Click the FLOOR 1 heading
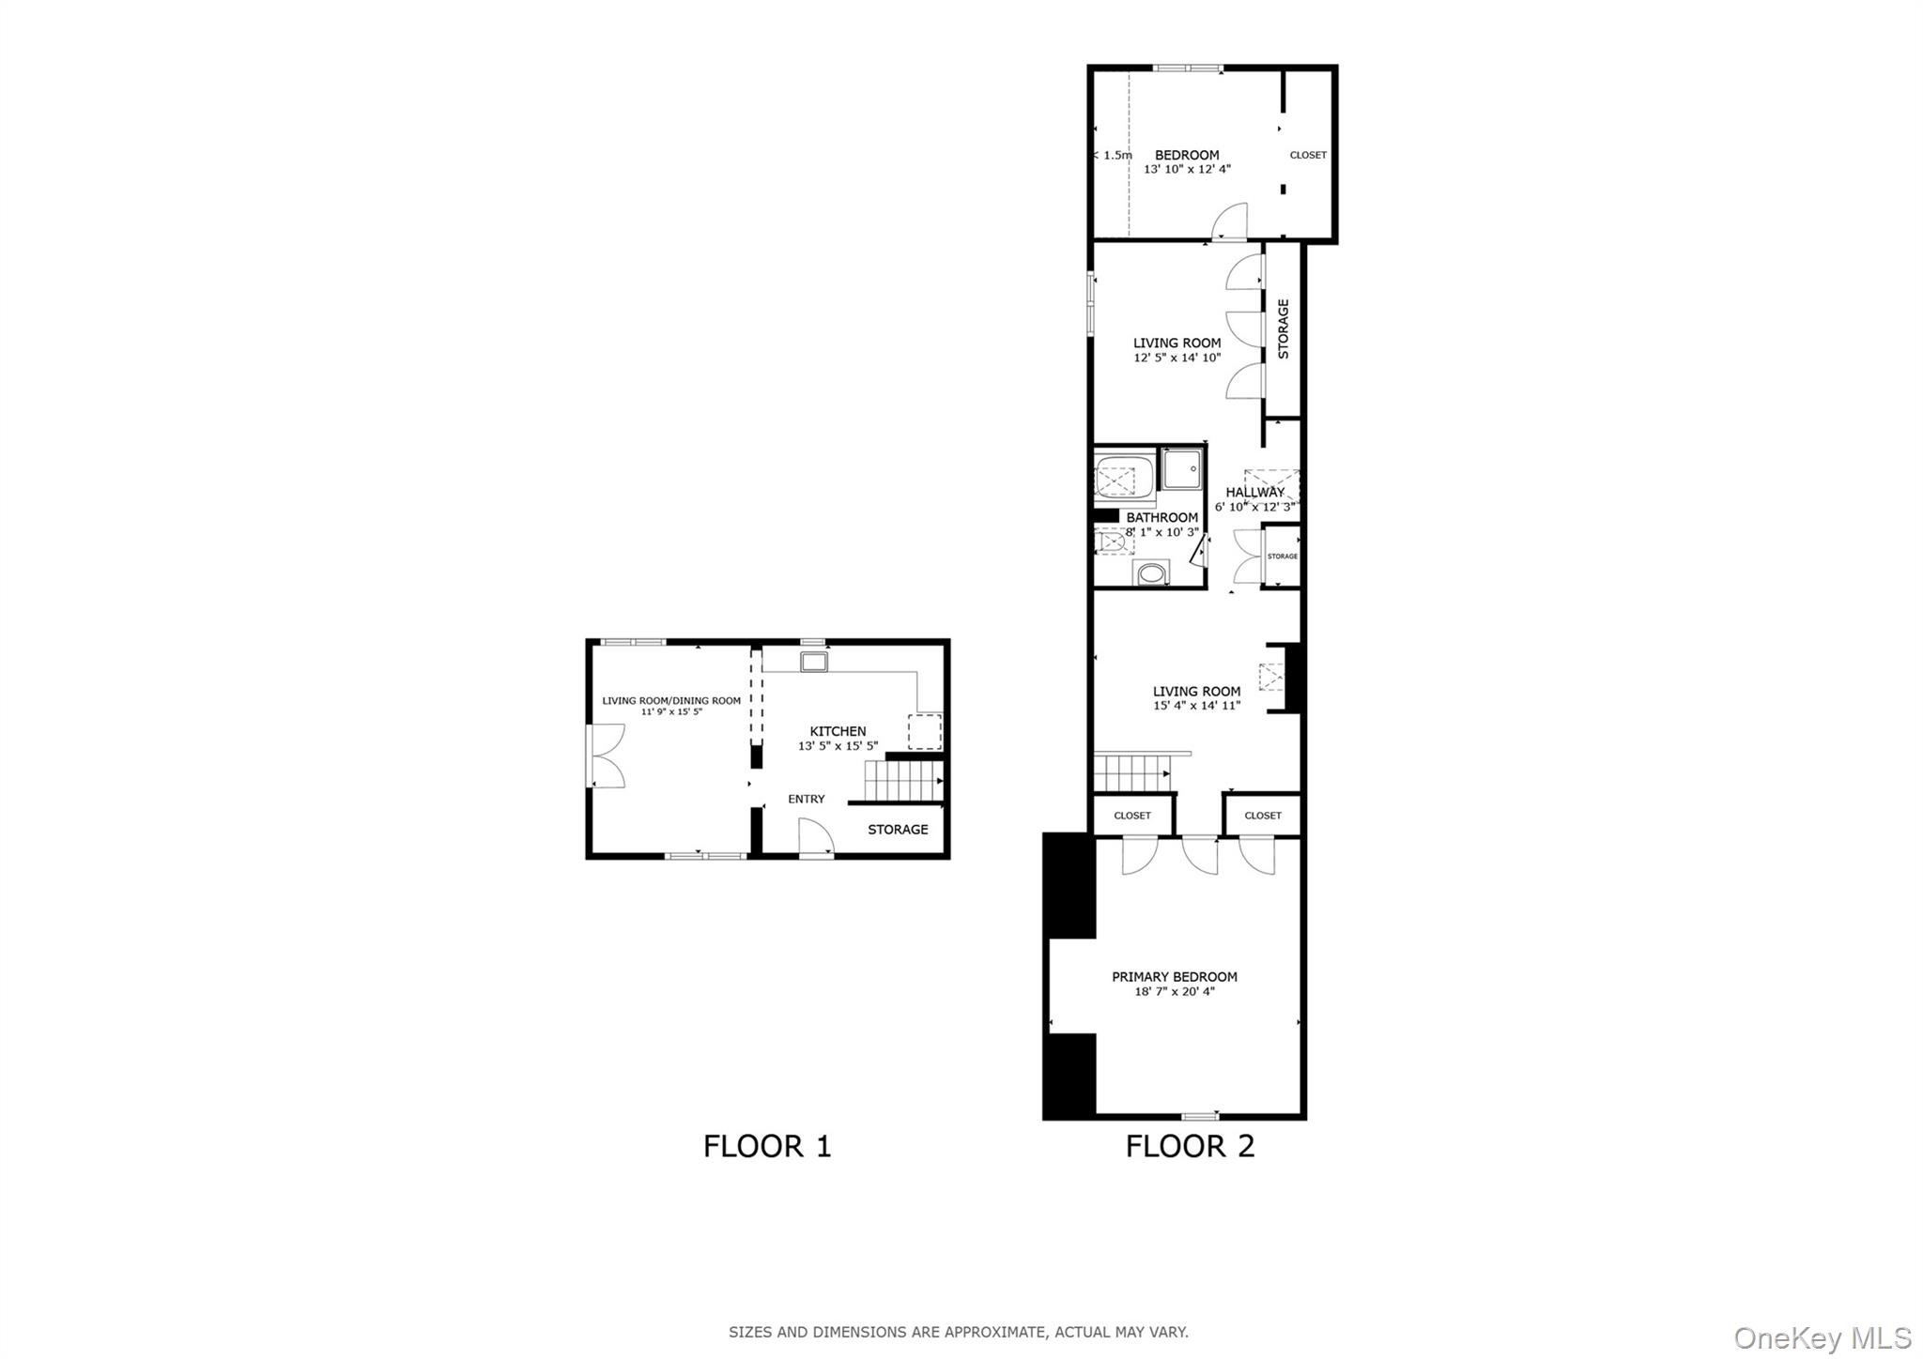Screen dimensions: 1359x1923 point(767,1146)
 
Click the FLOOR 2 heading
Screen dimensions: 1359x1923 point(1190,1146)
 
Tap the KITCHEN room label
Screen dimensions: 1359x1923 point(838,731)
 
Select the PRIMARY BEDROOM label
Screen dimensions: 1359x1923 point(1175,977)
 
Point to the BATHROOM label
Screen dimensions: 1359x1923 point(1161,517)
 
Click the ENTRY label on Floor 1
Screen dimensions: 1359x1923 point(806,799)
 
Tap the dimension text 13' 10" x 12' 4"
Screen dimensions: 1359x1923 point(1187,170)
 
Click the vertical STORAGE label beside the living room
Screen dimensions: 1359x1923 point(1283,328)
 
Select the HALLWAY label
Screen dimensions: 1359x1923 point(1254,492)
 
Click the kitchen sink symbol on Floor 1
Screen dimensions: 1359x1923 point(813,663)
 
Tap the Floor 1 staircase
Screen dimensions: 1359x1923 point(902,780)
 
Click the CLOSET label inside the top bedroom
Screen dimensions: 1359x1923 point(1308,155)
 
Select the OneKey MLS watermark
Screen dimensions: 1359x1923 point(1822,1337)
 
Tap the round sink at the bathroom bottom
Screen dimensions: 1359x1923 point(1151,573)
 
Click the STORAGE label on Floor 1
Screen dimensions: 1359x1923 point(898,830)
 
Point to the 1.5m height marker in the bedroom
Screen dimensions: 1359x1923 point(1115,156)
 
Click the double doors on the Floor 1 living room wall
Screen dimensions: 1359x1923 point(606,756)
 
